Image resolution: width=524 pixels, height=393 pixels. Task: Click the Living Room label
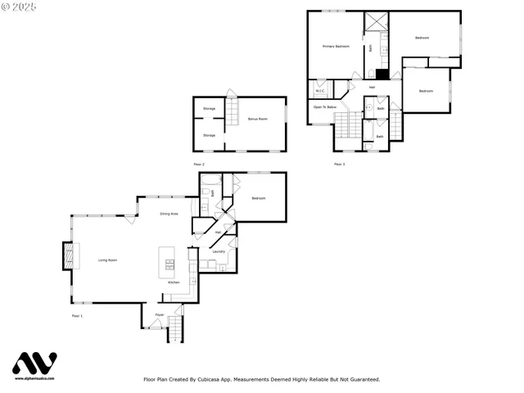(108, 260)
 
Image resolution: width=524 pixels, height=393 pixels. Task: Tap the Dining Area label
(169, 214)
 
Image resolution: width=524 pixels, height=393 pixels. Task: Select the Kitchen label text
(174, 282)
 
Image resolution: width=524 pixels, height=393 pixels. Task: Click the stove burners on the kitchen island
(170, 264)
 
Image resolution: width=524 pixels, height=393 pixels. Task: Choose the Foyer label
(160, 315)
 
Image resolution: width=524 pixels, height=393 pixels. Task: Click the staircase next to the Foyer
(175, 330)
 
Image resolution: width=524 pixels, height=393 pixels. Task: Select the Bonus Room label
(258, 120)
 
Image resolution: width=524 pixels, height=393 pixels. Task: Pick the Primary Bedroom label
(336, 47)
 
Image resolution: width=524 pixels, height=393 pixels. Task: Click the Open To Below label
(325, 107)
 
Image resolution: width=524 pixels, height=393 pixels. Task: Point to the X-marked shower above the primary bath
(376, 22)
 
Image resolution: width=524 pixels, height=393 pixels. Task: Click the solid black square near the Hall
(381, 74)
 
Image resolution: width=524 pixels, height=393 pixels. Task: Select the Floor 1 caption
(77, 315)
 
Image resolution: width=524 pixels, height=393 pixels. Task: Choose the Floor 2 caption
(198, 165)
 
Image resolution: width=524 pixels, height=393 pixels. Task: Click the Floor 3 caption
(339, 165)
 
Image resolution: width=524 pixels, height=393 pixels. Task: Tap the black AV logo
(34, 364)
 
